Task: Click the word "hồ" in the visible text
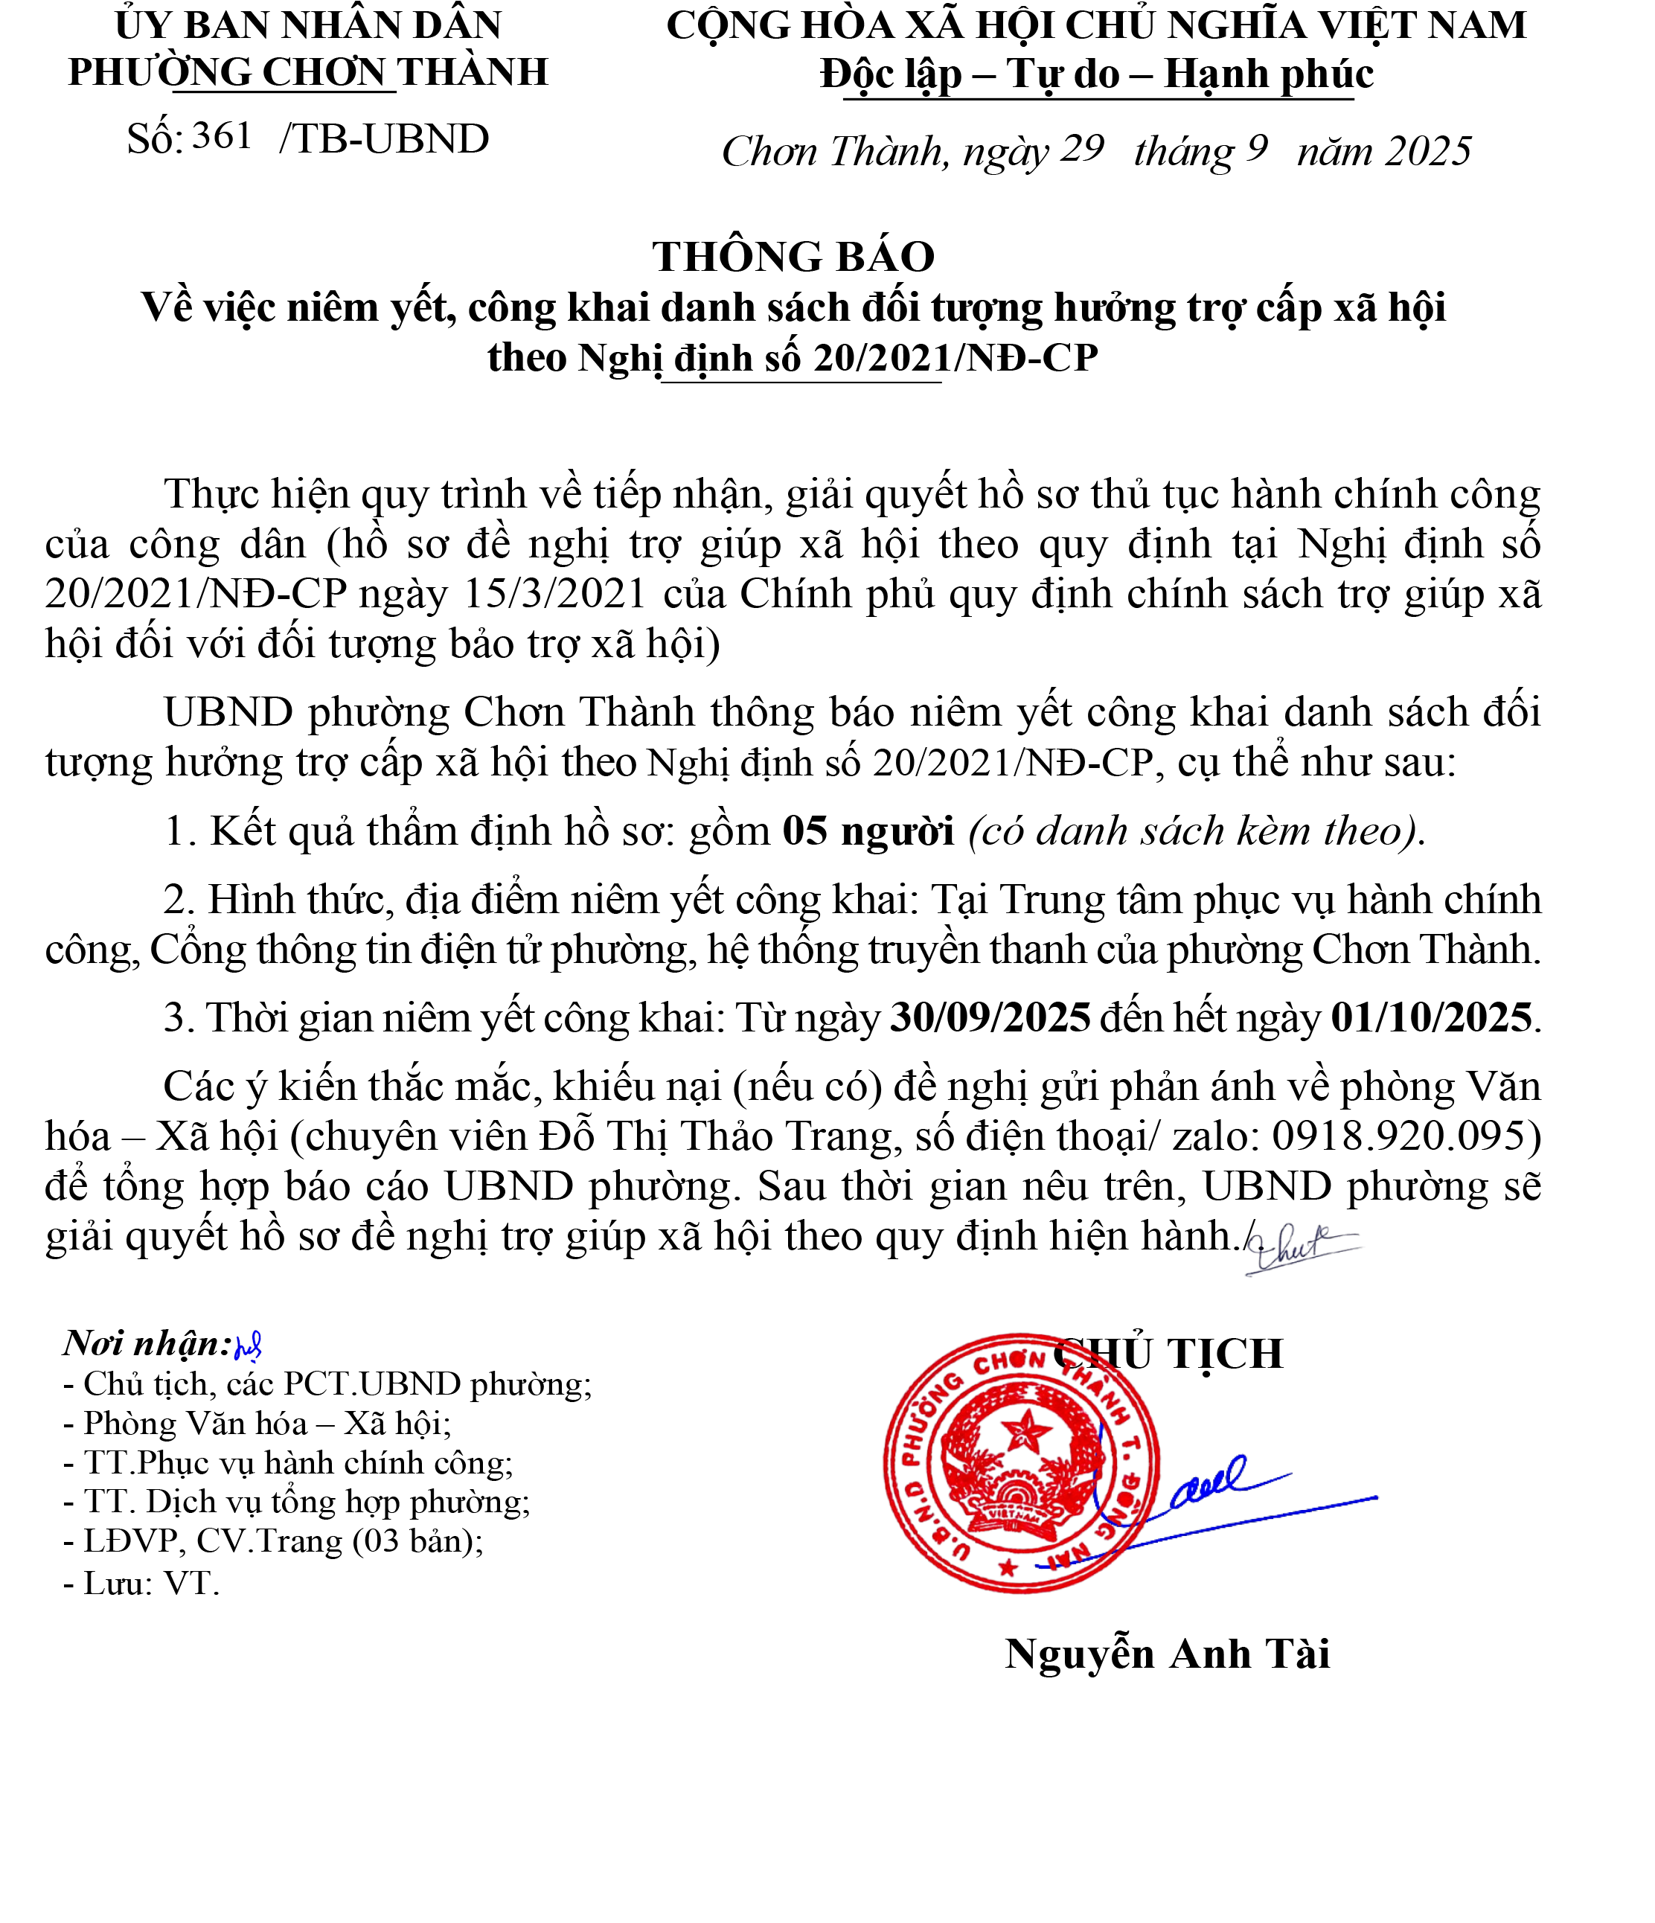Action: (1001, 493)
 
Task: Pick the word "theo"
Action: (979, 544)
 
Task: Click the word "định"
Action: (1168, 545)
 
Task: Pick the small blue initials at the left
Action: (248, 1348)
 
